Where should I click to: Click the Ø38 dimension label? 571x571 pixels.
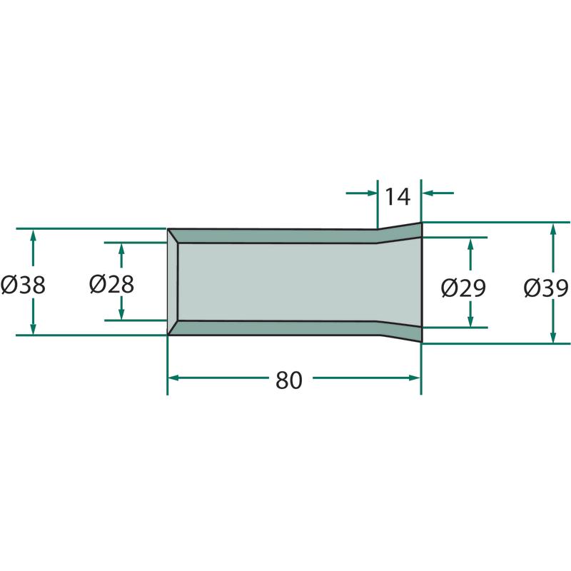[23, 284]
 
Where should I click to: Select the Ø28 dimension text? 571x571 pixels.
[111, 284]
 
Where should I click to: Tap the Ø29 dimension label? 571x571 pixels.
[463, 288]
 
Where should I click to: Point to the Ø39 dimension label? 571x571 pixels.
[546, 288]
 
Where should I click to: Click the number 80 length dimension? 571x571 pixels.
[289, 380]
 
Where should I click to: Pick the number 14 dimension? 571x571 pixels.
[398, 197]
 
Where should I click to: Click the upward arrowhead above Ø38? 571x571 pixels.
[33, 236]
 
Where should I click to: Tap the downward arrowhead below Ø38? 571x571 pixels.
[33, 328]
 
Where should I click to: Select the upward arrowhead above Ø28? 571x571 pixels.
[121, 249]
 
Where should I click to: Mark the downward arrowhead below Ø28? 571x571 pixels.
[121, 313]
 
